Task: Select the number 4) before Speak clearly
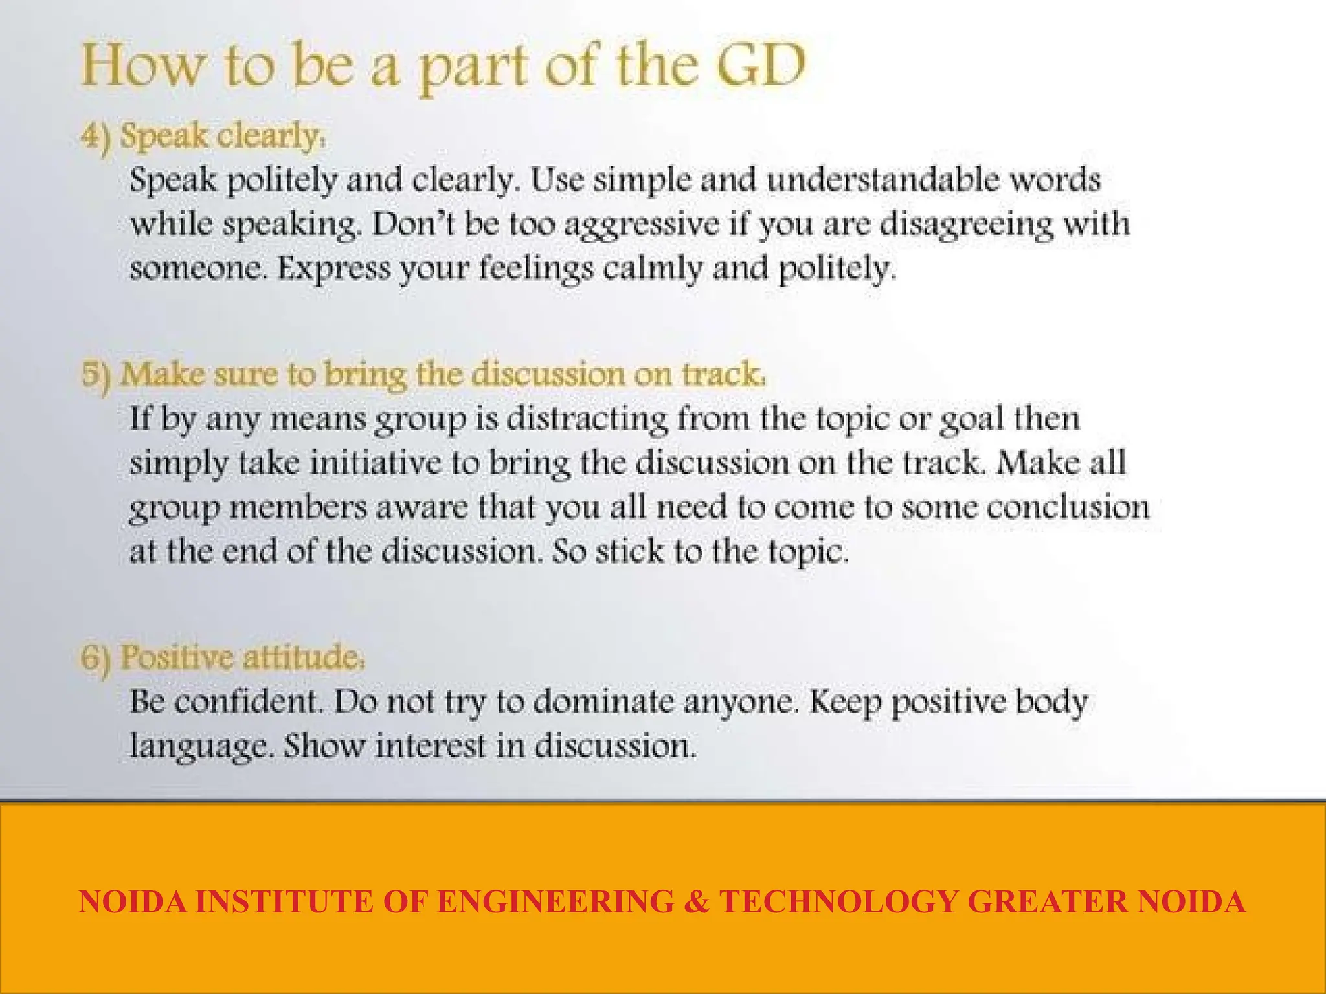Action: tap(96, 137)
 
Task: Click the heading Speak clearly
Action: tap(223, 136)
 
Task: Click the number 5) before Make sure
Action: tap(96, 375)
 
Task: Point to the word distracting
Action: tap(587, 419)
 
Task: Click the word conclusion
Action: tap(1068, 507)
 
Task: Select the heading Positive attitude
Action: tap(242, 657)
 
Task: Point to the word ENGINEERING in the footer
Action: tap(556, 901)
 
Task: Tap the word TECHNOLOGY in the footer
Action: tap(838, 901)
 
